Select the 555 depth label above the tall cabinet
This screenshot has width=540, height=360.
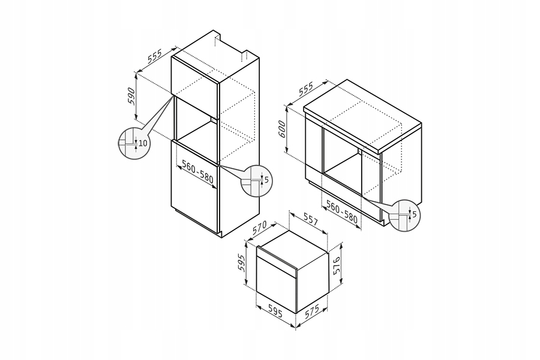click(x=155, y=56)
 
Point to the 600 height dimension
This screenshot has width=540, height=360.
click(x=281, y=129)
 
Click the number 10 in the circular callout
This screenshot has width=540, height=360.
click(x=143, y=143)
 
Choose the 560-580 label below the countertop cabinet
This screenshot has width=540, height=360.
click(x=342, y=211)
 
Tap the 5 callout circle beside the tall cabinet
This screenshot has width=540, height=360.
click(x=254, y=181)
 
